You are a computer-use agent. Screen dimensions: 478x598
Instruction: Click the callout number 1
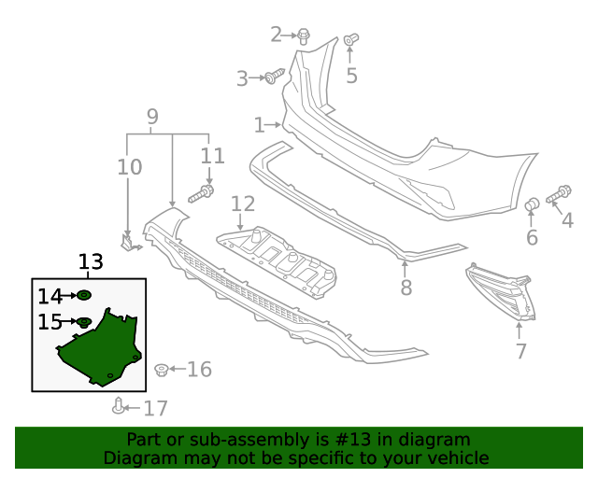click(x=259, y=124)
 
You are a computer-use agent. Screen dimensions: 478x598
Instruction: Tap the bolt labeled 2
click(x=305, y=35)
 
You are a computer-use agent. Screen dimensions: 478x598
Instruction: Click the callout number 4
click(x=566, y=220)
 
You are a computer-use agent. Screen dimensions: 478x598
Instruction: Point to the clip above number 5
click(x=350, y=40)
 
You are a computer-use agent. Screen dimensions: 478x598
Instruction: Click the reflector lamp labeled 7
click(x=502, y=291)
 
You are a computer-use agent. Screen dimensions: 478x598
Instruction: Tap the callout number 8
click(x=406, y=288)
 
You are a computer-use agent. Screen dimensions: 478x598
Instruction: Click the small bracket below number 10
click(x=129, y=243)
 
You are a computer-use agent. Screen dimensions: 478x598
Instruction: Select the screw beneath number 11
click(x=202, y=194)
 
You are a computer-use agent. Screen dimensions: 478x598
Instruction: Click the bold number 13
click(x=91, y=262)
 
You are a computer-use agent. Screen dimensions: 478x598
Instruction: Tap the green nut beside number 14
click(x=83, y=296)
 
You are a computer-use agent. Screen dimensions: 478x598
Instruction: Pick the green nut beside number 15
click(x=83, y=322)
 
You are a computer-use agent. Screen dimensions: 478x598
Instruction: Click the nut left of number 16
click(x=161, y=370)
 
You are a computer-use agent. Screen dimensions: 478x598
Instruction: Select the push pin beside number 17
click(x=119, y=405)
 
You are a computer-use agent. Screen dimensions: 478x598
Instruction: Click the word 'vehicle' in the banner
click(x=457, y=457)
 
